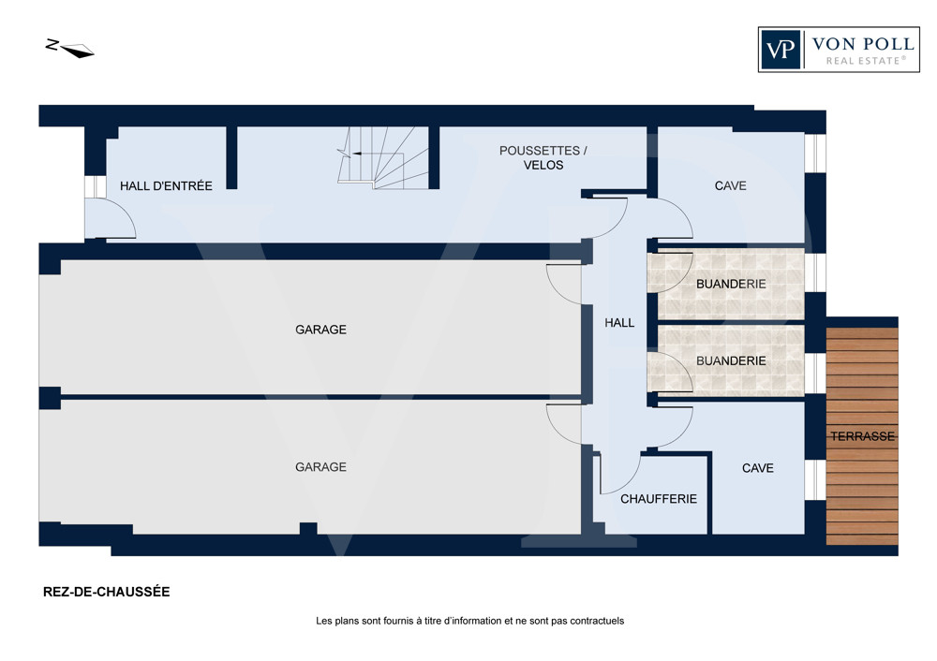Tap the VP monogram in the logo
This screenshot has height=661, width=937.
[781, 50]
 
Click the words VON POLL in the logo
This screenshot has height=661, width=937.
[863, 44]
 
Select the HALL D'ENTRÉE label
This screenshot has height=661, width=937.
[166, 185]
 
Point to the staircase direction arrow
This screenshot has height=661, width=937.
[357, 154]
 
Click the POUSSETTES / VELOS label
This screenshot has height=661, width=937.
[543, 157]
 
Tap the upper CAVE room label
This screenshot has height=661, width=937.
[730, 185]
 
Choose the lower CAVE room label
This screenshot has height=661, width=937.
[758, 468]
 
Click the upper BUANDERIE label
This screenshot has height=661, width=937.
[731, 284]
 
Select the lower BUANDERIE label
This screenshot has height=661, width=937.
[731, 360]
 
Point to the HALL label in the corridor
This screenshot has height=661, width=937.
[619, 323]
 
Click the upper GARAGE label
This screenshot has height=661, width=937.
[320, 330]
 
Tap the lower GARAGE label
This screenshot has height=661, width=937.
[320, 467]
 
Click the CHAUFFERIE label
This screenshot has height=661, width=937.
[659, 499]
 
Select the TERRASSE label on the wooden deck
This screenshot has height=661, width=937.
[862, 436]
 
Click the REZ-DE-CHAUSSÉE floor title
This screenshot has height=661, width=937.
[107, 592]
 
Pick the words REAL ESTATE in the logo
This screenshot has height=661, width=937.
[866, 60]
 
